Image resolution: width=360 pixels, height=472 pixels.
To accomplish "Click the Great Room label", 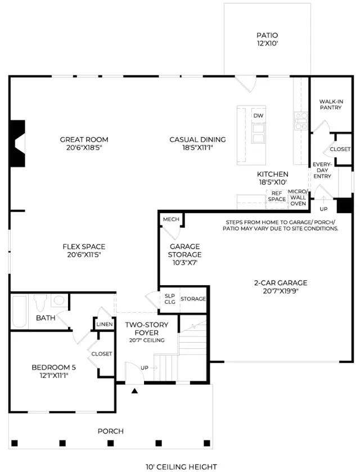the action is point(84,143).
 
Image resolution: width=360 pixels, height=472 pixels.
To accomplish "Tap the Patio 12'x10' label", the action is point(267,39).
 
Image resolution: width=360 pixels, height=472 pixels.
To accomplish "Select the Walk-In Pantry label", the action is point(331,105).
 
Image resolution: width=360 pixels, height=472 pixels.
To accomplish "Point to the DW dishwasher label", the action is point(258,115).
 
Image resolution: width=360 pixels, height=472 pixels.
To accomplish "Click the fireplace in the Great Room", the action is point(17,143).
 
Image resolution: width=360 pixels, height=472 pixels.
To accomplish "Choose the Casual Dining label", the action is point(197,143).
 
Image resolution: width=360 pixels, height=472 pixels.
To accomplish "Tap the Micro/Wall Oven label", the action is point(298,197).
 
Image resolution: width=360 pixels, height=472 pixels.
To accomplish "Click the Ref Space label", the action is point(277,196).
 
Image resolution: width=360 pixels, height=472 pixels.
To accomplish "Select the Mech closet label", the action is point(171,219).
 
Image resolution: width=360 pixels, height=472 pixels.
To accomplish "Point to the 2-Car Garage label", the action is point(281,287).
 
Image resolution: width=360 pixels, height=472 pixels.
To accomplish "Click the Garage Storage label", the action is point(184,254).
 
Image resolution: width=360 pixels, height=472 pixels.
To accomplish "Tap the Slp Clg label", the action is point(170,299).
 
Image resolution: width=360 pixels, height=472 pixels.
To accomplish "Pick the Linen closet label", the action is point(105,325).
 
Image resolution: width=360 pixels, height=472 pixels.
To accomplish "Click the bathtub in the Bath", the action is point(19,312).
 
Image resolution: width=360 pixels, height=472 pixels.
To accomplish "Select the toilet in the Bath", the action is point(40,303).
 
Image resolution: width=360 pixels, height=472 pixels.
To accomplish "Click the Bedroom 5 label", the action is point(53,371).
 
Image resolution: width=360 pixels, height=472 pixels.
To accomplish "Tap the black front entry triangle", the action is point(134,391).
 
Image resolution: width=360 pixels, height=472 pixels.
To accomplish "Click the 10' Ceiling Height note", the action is point(181,467).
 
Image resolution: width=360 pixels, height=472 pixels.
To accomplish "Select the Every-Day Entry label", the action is point(322,170).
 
